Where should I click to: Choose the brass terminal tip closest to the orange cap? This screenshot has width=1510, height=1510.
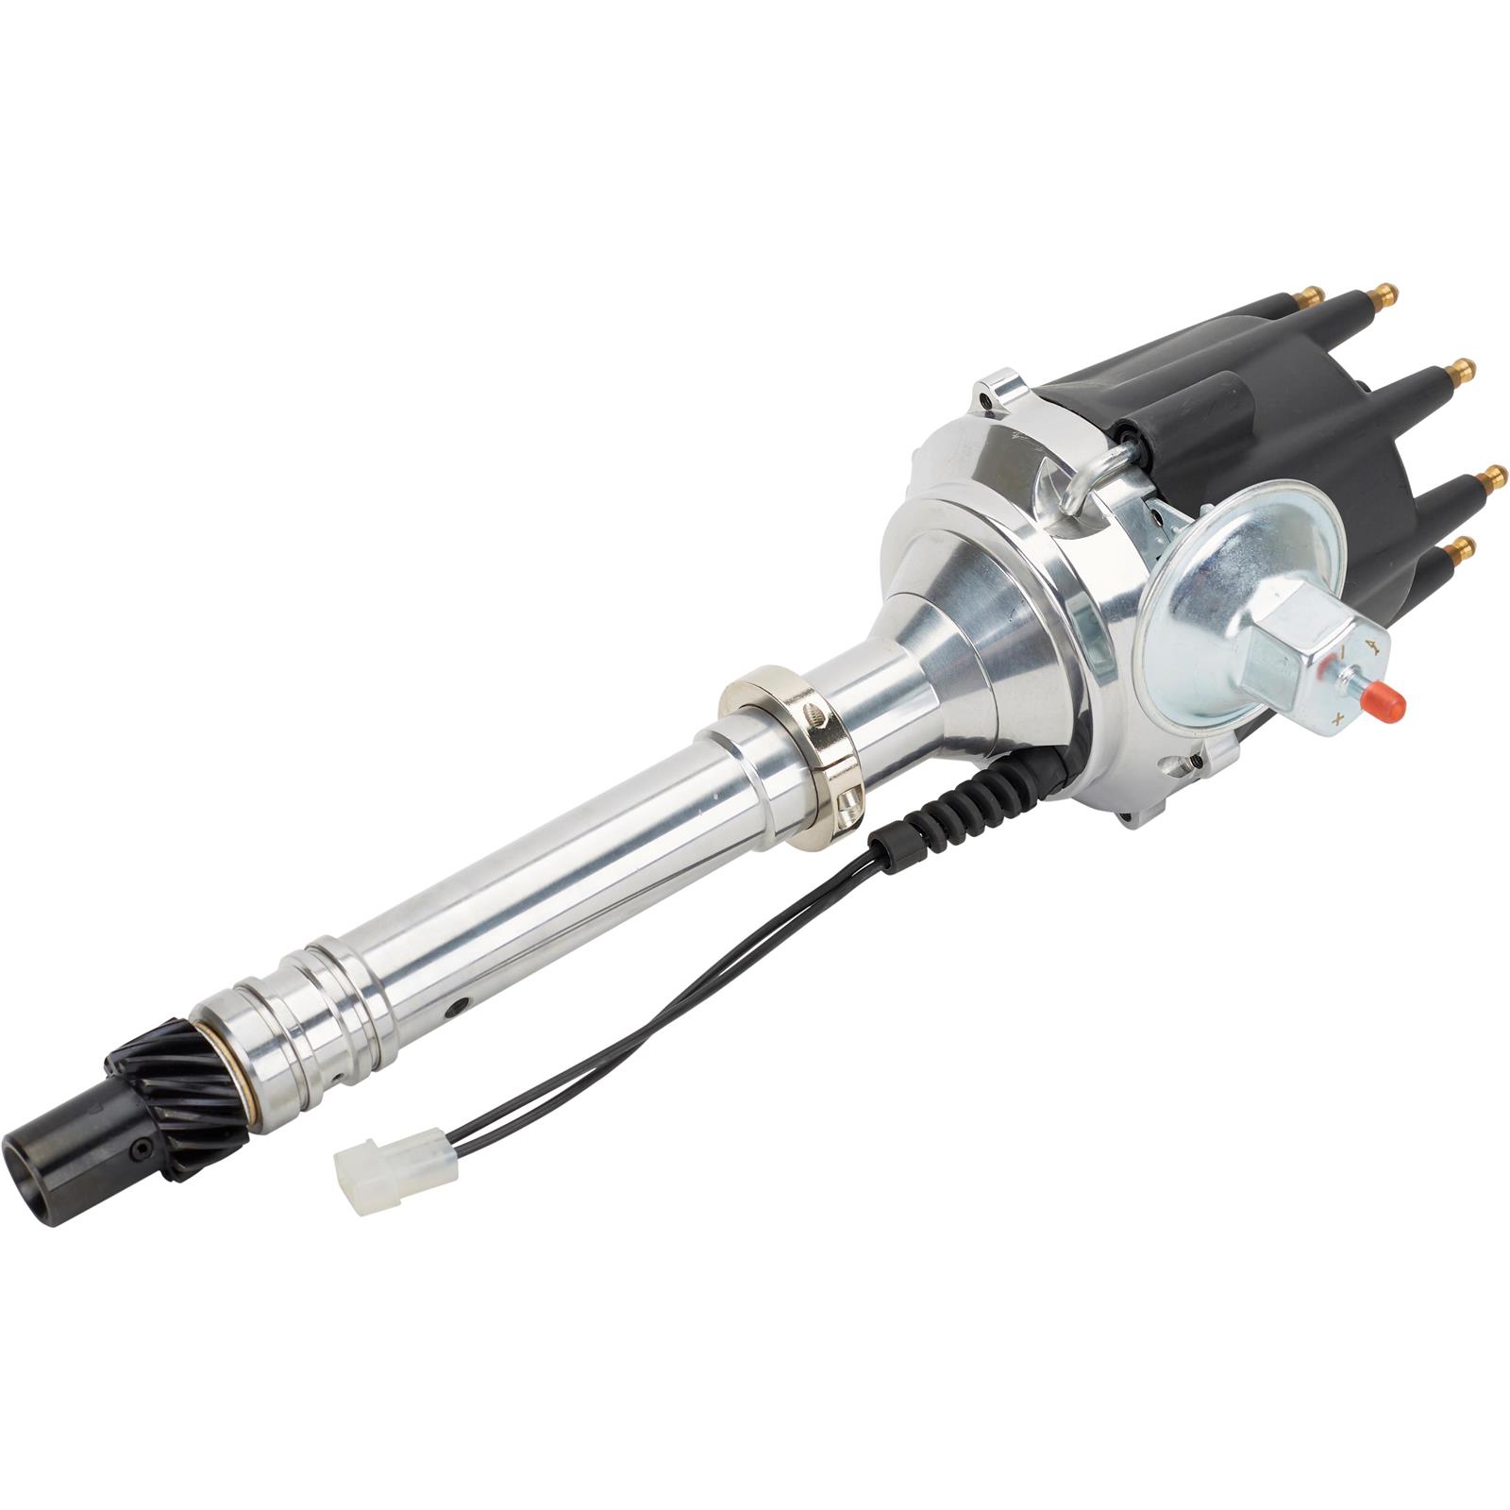click(x=1465, y=545)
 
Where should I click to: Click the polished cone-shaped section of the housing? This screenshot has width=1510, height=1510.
click(x=972, y=613)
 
